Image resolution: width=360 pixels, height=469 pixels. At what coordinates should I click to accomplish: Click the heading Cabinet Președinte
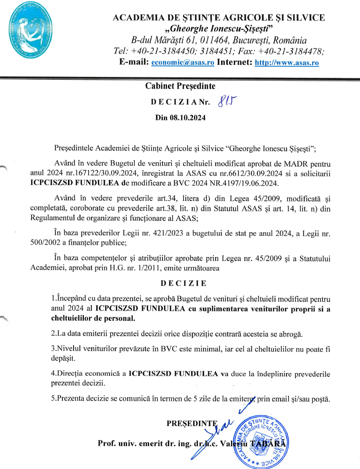180,86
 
